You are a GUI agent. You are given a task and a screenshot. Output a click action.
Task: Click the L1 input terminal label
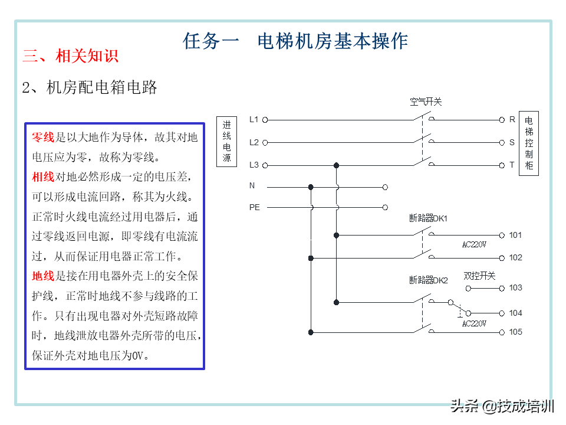[254, 119]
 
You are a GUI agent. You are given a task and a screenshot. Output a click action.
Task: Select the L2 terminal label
[254, 142]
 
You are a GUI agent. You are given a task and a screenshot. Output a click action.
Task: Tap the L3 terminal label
[254, 165]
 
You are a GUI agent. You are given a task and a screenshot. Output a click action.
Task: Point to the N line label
[252, 186]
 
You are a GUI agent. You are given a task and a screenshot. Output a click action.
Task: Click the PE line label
[254, 207]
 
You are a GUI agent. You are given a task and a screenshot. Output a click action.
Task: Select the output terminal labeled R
[512, 119]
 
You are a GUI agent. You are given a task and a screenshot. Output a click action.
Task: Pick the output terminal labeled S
[512, 142]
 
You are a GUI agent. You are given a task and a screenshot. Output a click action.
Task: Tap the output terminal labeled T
[512, 165]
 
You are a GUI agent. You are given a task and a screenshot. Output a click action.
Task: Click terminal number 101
[515, 235]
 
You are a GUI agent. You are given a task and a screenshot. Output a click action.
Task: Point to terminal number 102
[515, 257]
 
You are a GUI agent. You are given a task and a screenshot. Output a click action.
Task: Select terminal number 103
[515, 288]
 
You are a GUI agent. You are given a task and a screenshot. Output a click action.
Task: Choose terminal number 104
[515, 313]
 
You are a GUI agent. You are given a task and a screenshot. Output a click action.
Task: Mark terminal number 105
[515, 332]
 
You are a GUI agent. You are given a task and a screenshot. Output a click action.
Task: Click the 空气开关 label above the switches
[426, 102]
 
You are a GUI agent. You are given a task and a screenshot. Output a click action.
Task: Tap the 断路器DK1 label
[429, 218]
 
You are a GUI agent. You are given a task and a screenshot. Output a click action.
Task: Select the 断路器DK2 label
[429, 280]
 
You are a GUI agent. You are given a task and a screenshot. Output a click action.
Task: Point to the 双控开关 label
[479, 276]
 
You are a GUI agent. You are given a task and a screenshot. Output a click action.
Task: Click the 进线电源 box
[227, 142]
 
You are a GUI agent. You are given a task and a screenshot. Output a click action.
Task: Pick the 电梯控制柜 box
[529, 142]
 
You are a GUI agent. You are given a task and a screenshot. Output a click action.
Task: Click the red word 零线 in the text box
[43, 138]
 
